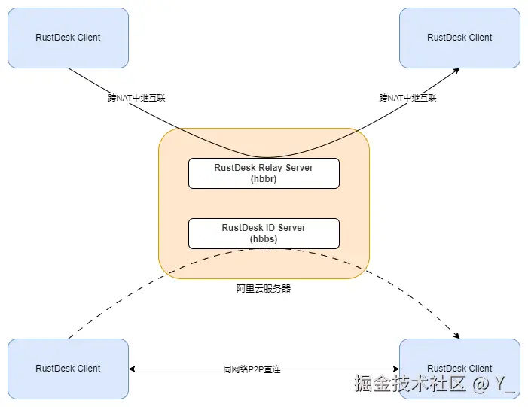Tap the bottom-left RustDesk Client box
[68, 369]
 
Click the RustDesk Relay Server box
[264, 173]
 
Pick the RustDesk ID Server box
[264, 233]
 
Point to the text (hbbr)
[264, 179]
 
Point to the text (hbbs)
[264, 239]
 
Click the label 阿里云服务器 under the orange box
[264, 288]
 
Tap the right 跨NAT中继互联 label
[407, 98]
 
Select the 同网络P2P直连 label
[252, 369]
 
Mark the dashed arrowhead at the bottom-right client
[457, 336]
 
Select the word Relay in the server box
[271, 167]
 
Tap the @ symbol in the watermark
[480, 384]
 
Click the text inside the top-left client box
[68, 38]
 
